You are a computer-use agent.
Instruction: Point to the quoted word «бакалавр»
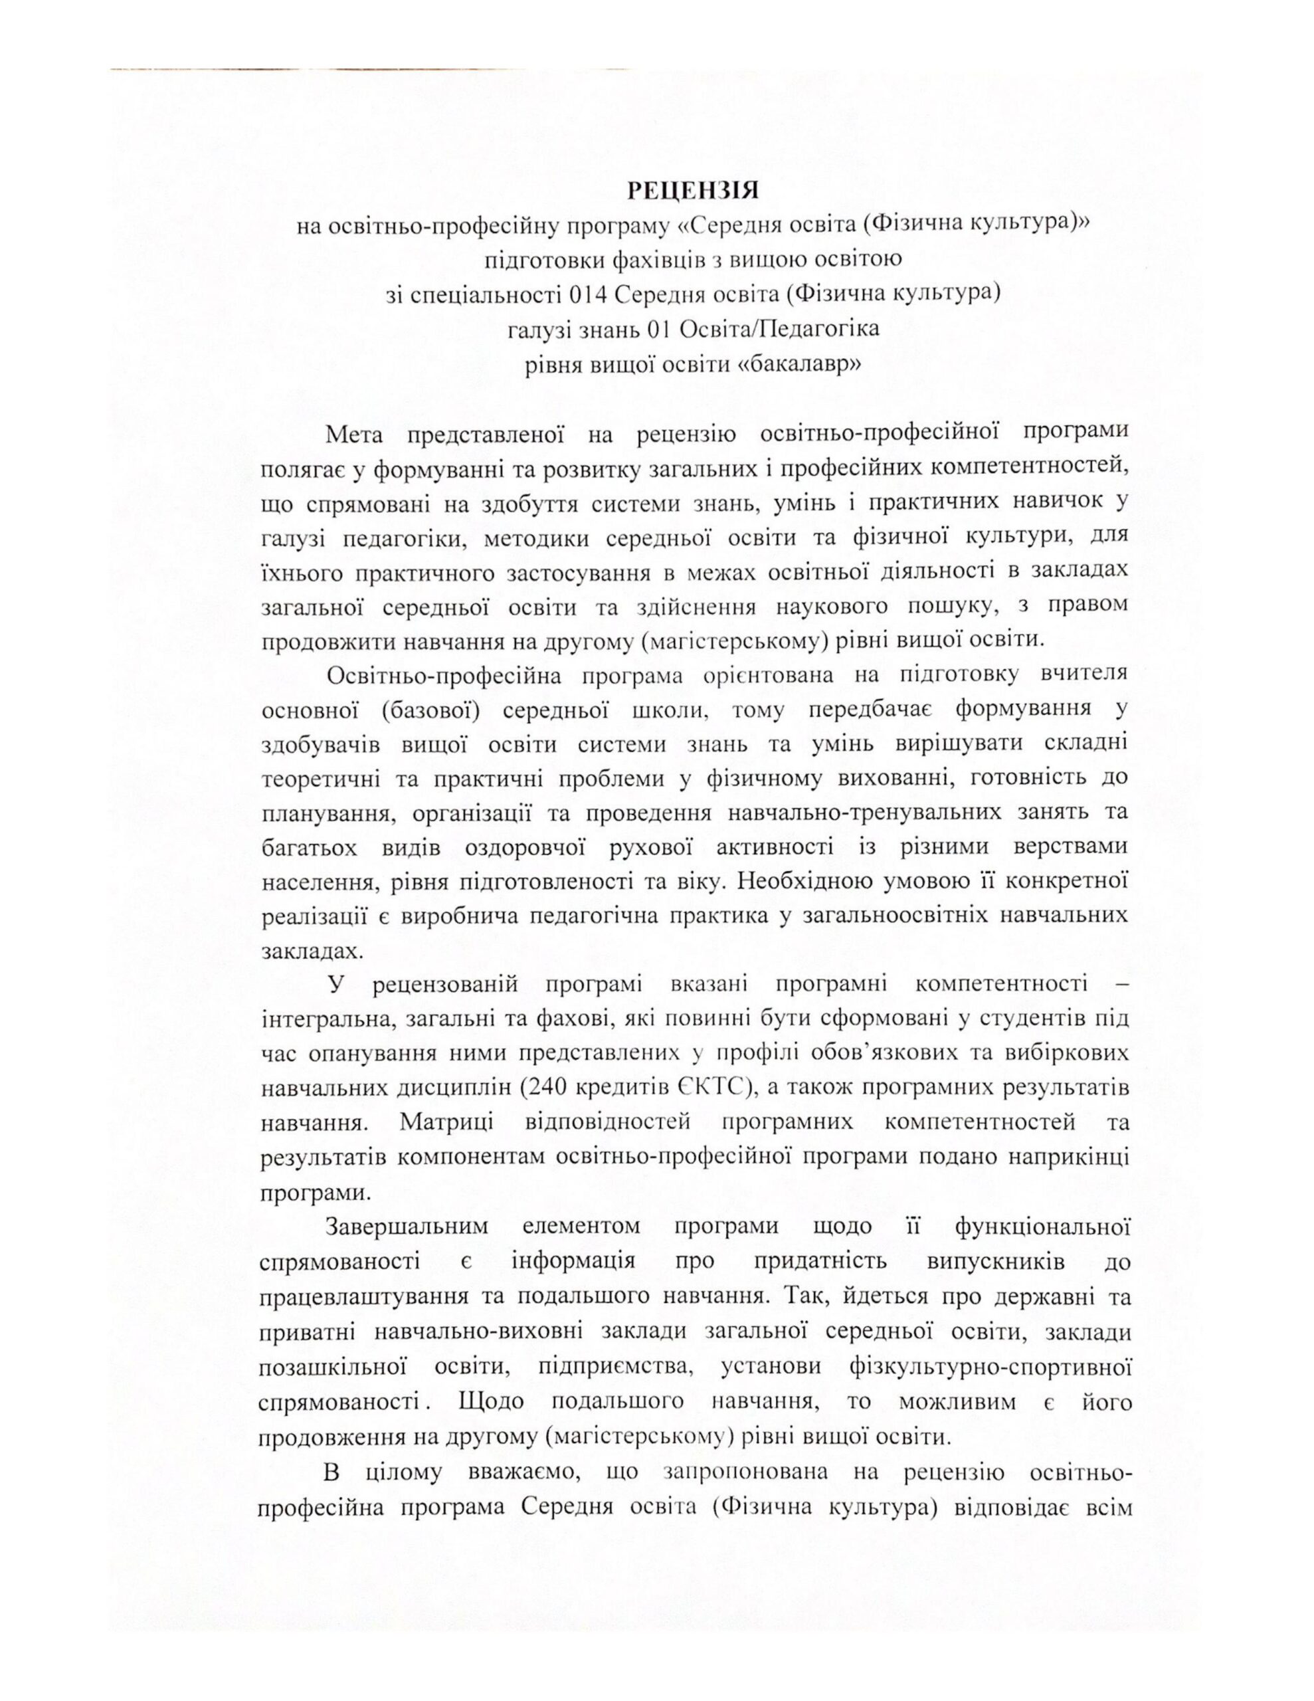coord(798,363)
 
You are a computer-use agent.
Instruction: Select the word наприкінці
coord(1067,1157)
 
